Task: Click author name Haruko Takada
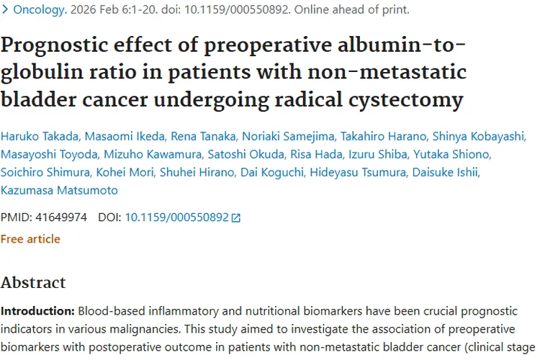tap(36, 137)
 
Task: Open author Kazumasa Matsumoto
tap(59, 191)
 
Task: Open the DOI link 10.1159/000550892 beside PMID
tap(176, 216)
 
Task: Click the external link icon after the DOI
tap(236, 217)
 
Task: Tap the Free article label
tap(30, 239)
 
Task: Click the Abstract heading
tap(33, 282)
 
